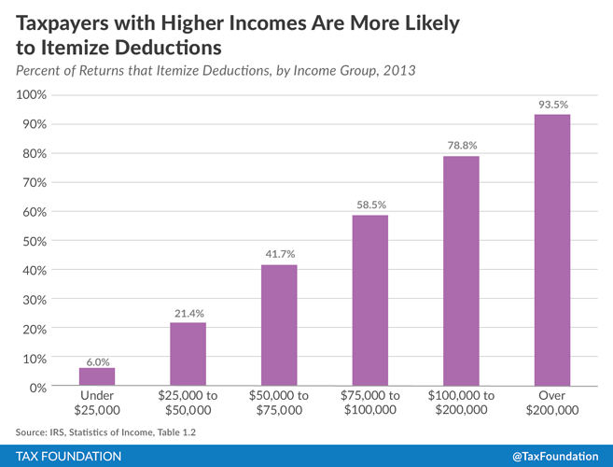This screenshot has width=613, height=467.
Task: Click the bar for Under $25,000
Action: (x=97, y=377)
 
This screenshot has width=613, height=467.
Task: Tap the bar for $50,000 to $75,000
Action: (x=279, y=325)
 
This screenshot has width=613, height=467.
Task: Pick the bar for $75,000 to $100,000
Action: (x=369, y=301)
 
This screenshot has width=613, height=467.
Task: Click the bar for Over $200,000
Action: (x=551, y=250)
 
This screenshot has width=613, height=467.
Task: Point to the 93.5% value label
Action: (x=551, y=104)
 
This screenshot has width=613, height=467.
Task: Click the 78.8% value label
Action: (x=461, y=147)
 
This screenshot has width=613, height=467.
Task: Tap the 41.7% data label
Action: (x=279, y=255)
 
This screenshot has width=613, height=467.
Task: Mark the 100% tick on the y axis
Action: (x=32, y=95)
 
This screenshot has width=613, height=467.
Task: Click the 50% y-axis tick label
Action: (x=35, y=241)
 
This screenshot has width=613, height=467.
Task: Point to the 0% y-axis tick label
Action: (x=38, y=387)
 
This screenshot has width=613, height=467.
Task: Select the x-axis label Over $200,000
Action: (x=551, y=403)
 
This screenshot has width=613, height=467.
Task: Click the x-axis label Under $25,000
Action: (x=97, y=403)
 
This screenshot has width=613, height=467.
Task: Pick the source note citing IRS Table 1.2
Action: (x=106, y=431)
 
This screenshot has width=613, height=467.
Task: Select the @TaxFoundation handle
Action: (x=556, y=456)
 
